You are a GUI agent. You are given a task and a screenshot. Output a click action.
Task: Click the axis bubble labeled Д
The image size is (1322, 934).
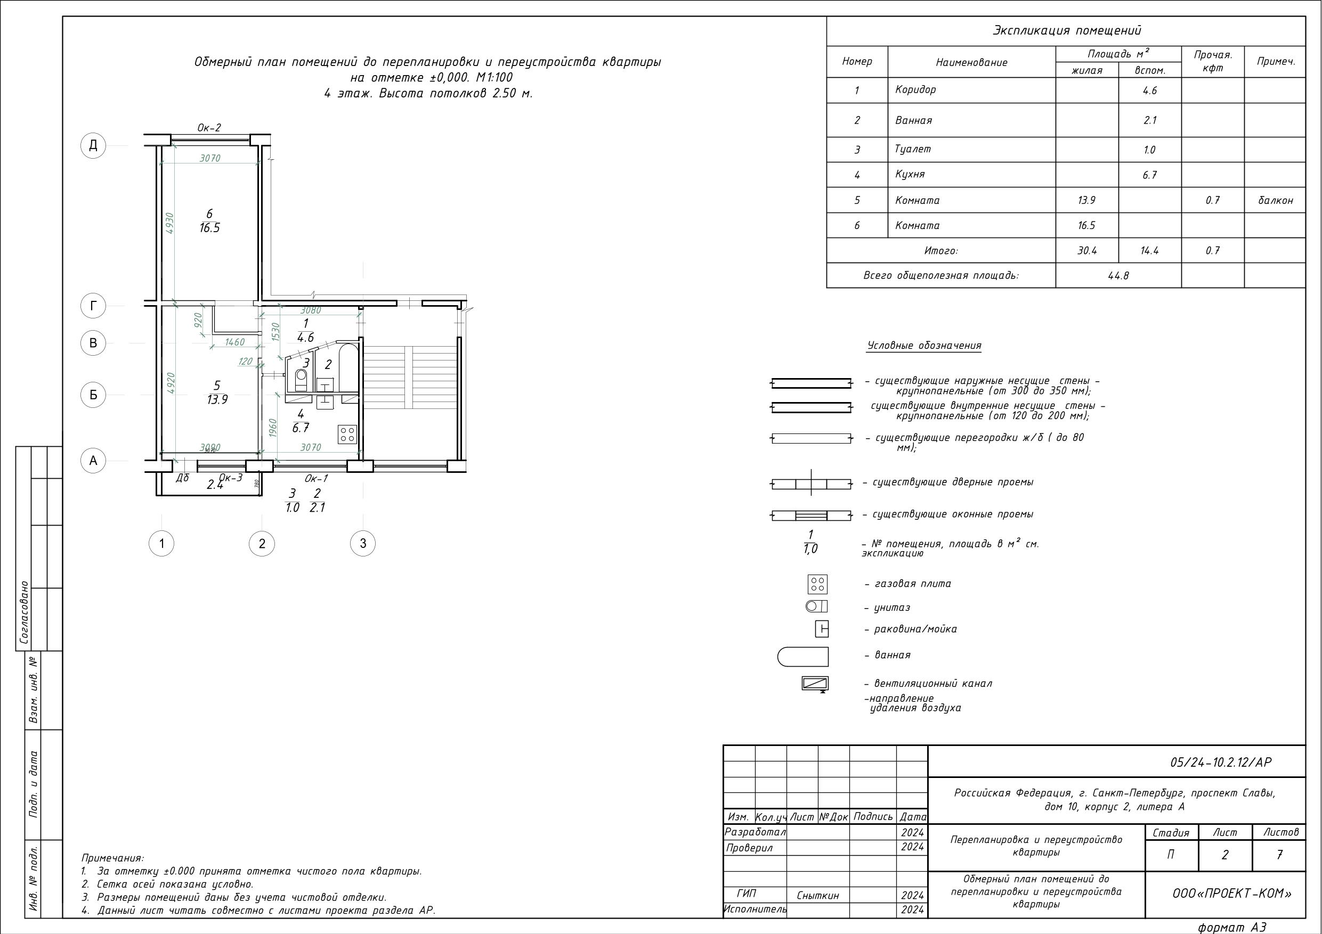[x=93, y=145]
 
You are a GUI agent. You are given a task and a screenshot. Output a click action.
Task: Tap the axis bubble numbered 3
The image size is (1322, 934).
[x=363, y=543]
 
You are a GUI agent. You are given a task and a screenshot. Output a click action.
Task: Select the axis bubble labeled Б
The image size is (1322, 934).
[x=93, y=395]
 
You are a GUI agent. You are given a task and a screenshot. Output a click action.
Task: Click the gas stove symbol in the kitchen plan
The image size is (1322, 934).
[x=348, y=434]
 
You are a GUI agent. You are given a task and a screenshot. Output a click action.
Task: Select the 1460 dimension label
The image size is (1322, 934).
[x=235, y=342]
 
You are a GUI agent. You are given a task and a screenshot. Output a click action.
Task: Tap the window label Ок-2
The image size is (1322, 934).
[x=209, y=128]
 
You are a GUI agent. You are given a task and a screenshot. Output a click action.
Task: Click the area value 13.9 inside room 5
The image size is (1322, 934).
[x=217, y=399]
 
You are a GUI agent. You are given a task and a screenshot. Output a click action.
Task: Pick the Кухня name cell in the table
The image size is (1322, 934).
[x=910, y=174]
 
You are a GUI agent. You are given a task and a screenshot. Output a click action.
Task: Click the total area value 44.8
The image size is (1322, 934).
[x=1118, y=276]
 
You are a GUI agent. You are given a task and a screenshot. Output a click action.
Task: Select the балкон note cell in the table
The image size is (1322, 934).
[x=1275, y=200]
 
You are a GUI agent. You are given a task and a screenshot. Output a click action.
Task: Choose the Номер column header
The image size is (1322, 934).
[x=857, y=61]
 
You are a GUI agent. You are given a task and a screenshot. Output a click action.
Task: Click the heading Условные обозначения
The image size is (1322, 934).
[x=924, y=346]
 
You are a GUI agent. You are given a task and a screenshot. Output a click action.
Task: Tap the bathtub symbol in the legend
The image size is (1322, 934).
[x=802, y=657]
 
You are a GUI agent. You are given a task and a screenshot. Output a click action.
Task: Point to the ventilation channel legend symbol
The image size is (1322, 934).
[x=815, y=684]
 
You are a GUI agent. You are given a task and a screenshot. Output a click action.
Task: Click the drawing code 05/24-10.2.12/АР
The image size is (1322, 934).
[x=1221, y=763]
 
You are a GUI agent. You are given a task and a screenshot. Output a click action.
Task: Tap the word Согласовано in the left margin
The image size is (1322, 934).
[x=24, y=612]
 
